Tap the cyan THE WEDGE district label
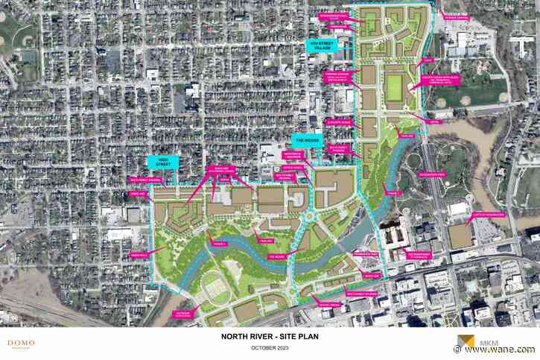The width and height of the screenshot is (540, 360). (308, 139)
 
